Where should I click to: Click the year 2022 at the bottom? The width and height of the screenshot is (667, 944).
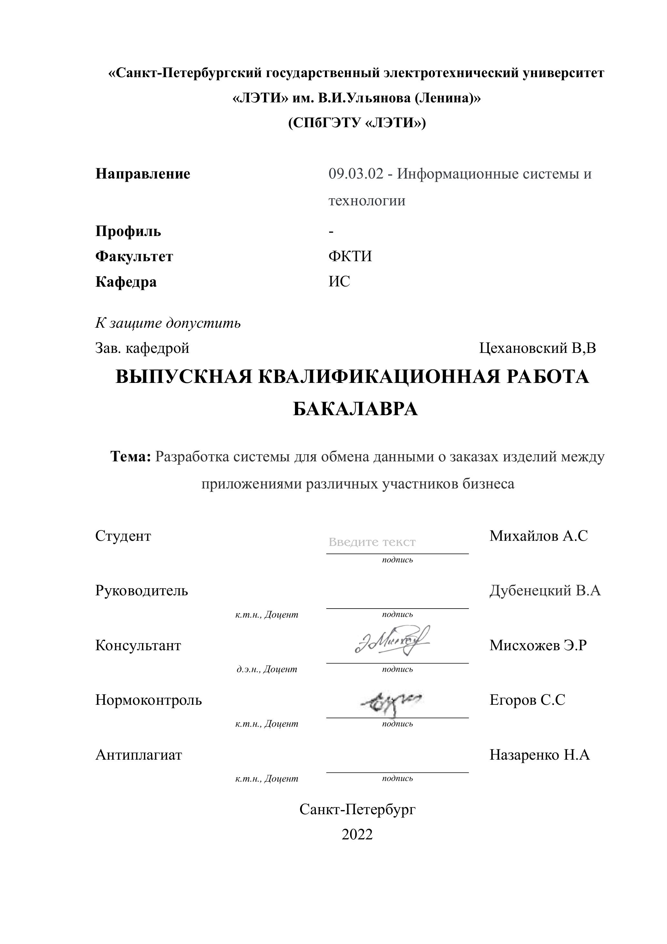click(357, 834)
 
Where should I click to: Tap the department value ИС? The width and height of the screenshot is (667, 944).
click(339, 282)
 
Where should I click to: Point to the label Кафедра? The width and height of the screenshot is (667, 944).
click(126, 282)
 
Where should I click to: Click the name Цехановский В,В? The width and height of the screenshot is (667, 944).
click(537, 348)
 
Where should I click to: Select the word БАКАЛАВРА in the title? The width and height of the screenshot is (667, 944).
click(355, 409)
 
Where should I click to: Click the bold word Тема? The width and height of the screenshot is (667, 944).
click(131, 457)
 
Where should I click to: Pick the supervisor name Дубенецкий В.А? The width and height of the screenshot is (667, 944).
click(545, 590)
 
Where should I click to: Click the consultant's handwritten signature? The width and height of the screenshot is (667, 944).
click(392, 642)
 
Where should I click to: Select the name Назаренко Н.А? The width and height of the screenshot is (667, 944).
click(539, 755)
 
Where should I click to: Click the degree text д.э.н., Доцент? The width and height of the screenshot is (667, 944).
click(267, 669)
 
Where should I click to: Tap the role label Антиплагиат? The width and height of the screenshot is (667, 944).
click(138, 755)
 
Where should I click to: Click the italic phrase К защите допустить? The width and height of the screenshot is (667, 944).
click(168, 323)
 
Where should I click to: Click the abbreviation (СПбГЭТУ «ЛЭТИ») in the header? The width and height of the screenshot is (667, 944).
click(357, 123)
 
